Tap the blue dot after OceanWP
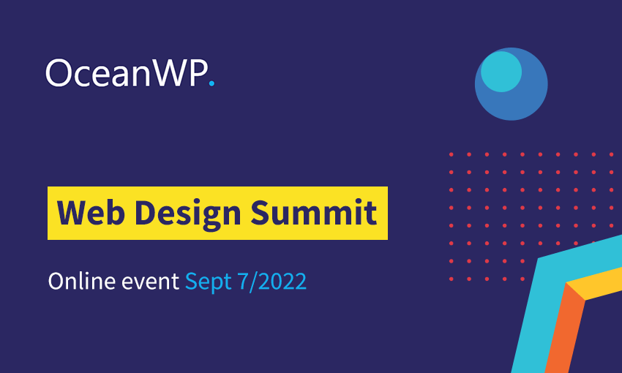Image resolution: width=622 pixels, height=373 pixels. tap(211, 83)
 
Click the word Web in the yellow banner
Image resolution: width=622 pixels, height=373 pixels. tap(91, 213)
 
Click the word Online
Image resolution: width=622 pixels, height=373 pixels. tap(82, 281)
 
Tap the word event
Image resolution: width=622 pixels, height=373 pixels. tap(150, 282)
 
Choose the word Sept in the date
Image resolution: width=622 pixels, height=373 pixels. tap(209, 282)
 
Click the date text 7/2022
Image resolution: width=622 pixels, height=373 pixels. tap(271, 282)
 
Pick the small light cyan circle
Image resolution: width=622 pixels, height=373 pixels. tap(501, 72)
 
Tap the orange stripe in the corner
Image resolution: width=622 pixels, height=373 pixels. tap(563, 329)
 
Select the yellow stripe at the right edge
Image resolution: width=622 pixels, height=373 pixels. tap(595, 284)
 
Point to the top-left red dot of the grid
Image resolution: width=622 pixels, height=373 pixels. tap(451, 154)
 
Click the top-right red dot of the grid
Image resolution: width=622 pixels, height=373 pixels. tap(611, 154)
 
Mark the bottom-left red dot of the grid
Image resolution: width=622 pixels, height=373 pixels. tap(451, 279)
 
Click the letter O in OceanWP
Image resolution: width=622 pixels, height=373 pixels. tap(59, 73)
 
